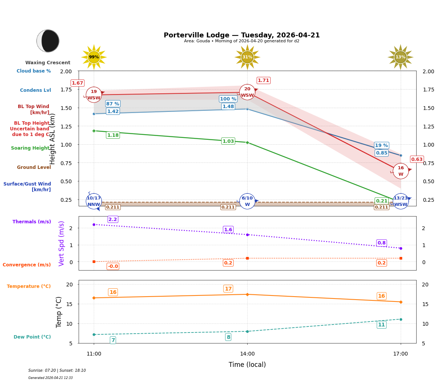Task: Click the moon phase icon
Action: tap(48, 41)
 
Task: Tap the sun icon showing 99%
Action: tap(94, 57)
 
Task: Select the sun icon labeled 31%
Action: tap(247, 57)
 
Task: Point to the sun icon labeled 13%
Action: tap(400, 57)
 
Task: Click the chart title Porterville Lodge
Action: tap(242, 35)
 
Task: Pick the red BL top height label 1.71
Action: tap(263, 80)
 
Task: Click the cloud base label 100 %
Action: tap(228, 99)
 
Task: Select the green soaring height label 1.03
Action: tap(228, 141)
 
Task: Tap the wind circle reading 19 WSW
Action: tap(94, 95)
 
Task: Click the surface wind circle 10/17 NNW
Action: tap(94, 201)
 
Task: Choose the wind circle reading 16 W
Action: tap(401, 171)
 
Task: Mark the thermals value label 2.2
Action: tap(113, 220)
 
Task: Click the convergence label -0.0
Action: tap(113, 266)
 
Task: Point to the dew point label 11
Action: tap(381, 325)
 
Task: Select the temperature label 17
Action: tap(228, 289)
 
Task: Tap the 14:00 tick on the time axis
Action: tap(247, 354)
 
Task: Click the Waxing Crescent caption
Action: tap(48, 63)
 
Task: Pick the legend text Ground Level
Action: tap(34, 167)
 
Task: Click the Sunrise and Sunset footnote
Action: tap(57, 371)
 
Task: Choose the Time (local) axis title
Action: tap(247, 365)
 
